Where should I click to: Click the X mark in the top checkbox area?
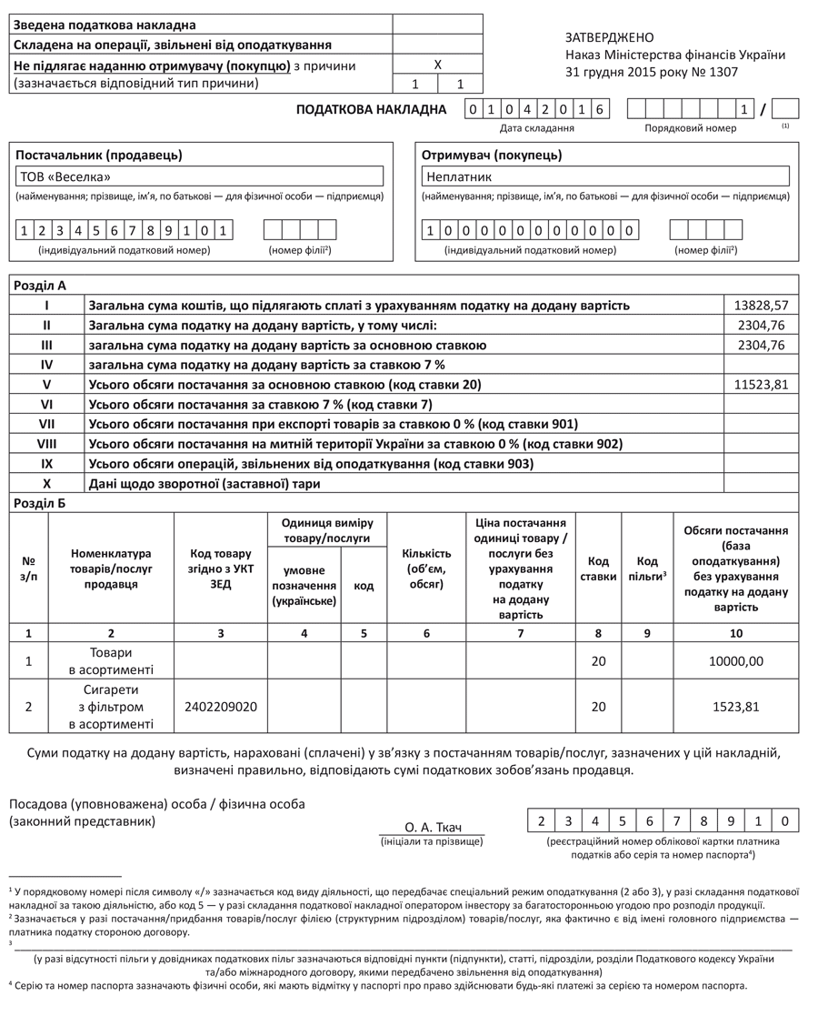pyautogui.click(x=437, y=65)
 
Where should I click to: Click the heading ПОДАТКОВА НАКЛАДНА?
pyautogui.click(x=373, y=110)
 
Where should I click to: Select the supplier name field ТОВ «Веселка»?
pyautogui.click(x=201, y=176)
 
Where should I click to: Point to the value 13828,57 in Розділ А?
pyautogui.click(x=761, y=306)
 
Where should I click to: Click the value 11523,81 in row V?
pyautogui.click(x=761, y=385)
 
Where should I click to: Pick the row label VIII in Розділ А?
pyautogui.click(x=47, y=444)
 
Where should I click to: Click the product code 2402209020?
pyautogui.click(x=220, y=706)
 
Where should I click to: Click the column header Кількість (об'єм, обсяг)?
pyautogui.click(x=426, y=568)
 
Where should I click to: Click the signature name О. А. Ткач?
pyautogui.click(x=433, y=827)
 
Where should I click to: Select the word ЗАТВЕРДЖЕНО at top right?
pyautogui.click(x=609, y=37)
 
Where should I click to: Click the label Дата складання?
pyautogui.click(x=536, y=128)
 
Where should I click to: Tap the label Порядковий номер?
pyautogui.click(x=691, y=128)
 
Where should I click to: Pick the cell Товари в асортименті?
pyautogui.click(x=111, y=662)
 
